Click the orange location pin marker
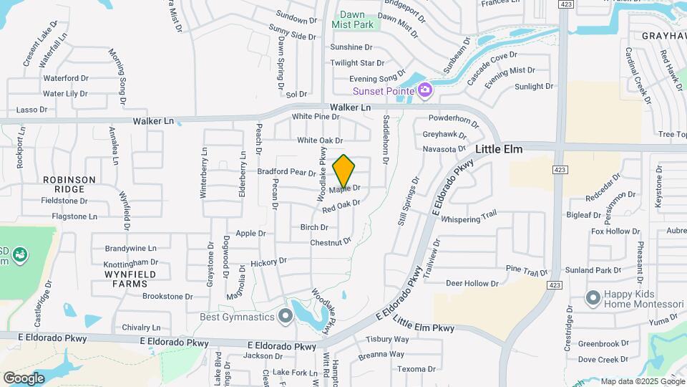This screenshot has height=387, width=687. pos(343,171)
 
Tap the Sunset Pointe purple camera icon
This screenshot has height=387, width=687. pos(425,90)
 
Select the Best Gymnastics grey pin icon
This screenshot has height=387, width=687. pos(286,315)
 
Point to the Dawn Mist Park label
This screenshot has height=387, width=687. pos(357,19)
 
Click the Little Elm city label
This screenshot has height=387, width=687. pos(500,149)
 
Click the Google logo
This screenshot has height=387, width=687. pos(24,378)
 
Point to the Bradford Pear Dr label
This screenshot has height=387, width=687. pos(286,172)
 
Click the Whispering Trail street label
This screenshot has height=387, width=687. pos(469,217)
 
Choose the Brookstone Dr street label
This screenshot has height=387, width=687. pos(167,296)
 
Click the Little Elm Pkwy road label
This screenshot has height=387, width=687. pos(424,326)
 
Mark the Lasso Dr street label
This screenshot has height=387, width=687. pos(31,110)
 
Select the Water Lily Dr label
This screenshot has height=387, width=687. pos(64,93)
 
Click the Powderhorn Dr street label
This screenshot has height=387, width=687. pos(453,118)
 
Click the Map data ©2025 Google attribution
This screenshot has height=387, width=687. pos(641,381)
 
